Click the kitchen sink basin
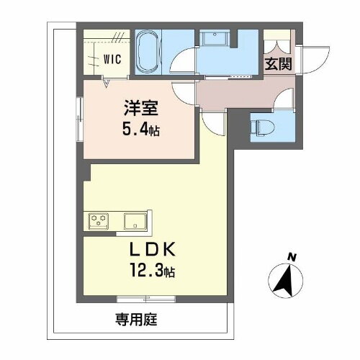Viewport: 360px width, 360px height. [x=135, y=220]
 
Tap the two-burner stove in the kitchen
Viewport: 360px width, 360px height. [x=98, y=220]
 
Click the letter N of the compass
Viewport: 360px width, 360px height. [x=292, y=256]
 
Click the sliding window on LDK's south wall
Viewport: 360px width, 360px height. [x=146, y=299]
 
